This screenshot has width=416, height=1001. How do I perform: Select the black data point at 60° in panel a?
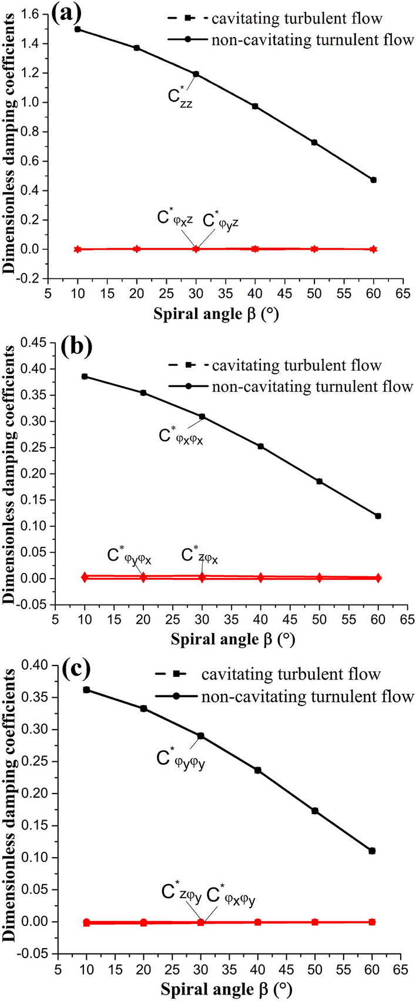click(373, 180)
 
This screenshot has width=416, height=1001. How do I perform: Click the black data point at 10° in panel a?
click(78, 29)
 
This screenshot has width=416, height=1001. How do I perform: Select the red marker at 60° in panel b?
click(378, 578)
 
